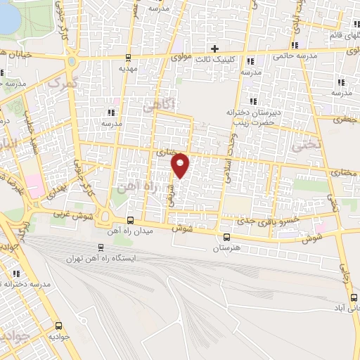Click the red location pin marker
(181, 165)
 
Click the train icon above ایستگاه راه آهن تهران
(100, 247)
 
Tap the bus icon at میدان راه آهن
(129, 220)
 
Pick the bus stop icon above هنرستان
(226, 237)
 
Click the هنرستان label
(225, 248)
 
